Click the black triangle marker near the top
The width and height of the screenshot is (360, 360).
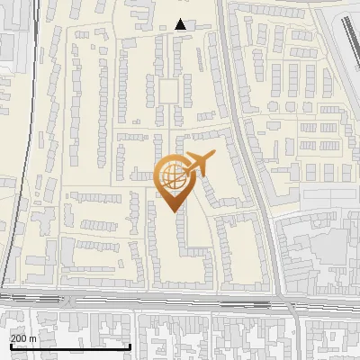(181, 24)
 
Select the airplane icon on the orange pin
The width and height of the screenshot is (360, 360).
(198, 164)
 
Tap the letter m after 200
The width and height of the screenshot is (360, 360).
(33, 337)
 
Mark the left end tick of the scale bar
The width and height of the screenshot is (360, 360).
(9, 346)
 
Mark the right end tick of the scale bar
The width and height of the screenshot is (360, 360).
(131, 346)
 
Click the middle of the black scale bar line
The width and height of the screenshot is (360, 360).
(70, 346)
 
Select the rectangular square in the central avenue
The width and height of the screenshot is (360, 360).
(168, 90)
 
